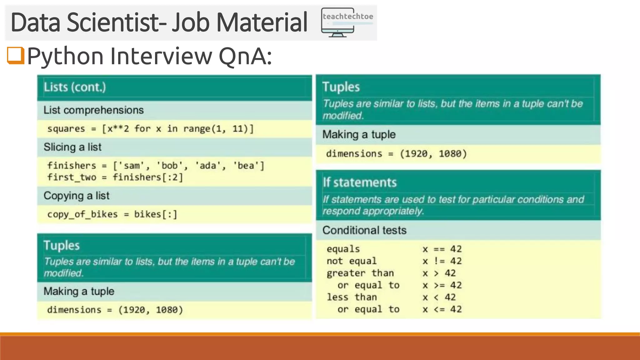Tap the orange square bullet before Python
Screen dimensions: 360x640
coord(16,55)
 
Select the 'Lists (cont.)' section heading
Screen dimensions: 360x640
coord(75,87)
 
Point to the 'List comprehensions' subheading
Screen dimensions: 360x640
coord(93,110)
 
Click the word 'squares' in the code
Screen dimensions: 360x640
coord(66,129)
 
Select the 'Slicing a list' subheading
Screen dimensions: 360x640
coord(72,147)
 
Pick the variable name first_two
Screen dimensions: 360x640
coord(72,177)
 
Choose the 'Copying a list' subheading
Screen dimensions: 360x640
coord(77,196)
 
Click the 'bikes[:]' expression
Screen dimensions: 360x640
coord(156,214)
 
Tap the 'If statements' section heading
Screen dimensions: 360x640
coord(360,182)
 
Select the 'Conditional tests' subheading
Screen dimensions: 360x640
coord(364,230)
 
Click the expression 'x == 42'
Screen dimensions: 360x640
coord(442,249)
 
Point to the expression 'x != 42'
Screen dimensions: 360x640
coord(442,261)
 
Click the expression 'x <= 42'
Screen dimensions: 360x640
coord(442,309)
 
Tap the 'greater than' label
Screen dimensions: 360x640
coord(360,273)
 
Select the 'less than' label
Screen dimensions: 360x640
coord(352,297)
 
